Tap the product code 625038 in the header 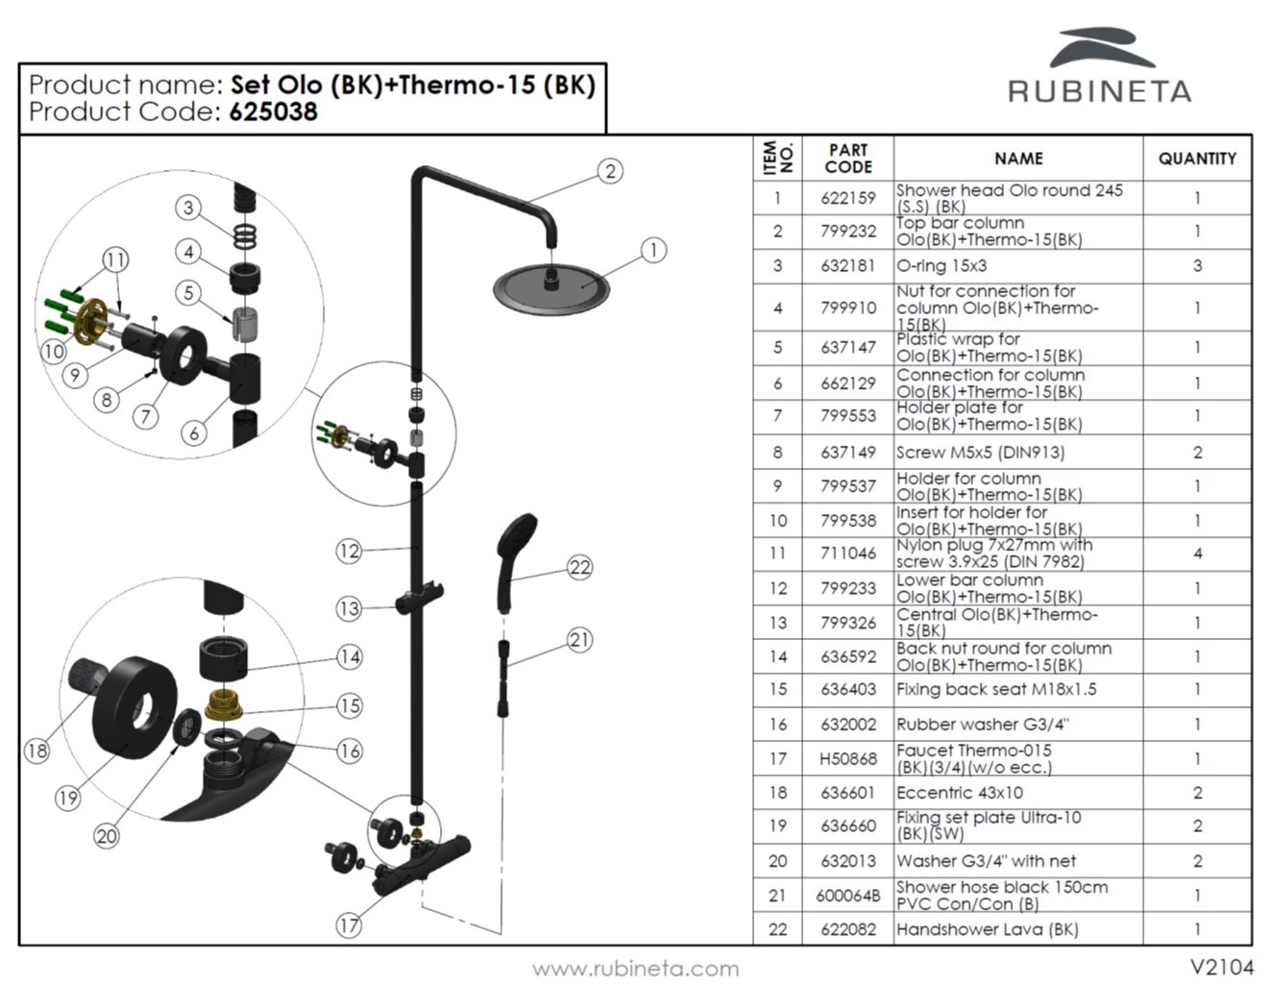click(273, 112)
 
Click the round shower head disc click(551, 286)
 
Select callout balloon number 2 click(610, 172)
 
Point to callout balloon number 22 click(579, 568)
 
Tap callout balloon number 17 click(348, 925)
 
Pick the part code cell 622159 click(847, 198)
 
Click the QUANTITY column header click(1196, 159)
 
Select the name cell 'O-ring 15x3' click(941, 266)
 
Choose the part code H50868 click(847, 759)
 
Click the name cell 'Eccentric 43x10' click(959, 793)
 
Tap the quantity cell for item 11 click(1196, 554)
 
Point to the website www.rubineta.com click(636, 968)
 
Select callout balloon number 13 click(348, 608)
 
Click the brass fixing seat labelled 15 click(225, 706)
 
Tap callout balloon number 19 click(67, 798)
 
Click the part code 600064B click(847, 896)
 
